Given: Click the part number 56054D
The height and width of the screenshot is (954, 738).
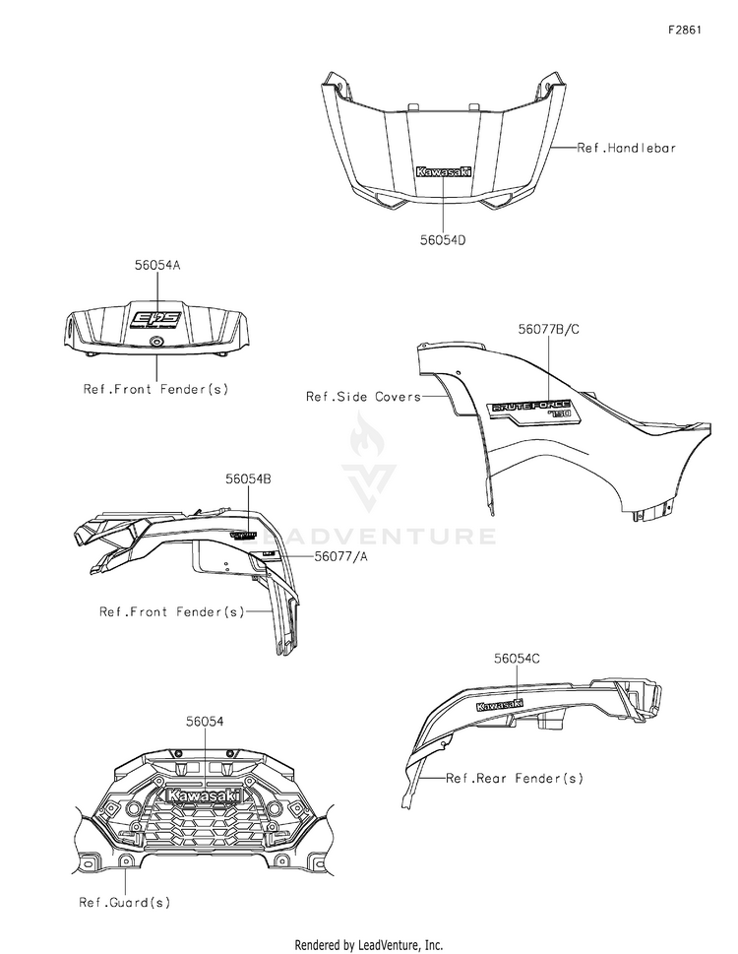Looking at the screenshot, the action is click(443, 237).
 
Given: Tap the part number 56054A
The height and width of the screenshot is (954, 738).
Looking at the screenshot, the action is click(157, 265).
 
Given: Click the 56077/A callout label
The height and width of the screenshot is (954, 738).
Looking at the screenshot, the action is click(342, 556).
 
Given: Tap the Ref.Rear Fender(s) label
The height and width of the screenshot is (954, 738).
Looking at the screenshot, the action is click(514, 778).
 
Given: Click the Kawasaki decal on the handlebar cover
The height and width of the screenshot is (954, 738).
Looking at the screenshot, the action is click(443, 171).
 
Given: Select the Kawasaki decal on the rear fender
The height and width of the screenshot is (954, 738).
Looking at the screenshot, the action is click(499, 705).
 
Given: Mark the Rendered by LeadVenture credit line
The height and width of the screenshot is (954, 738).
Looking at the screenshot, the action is click(368, 944).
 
